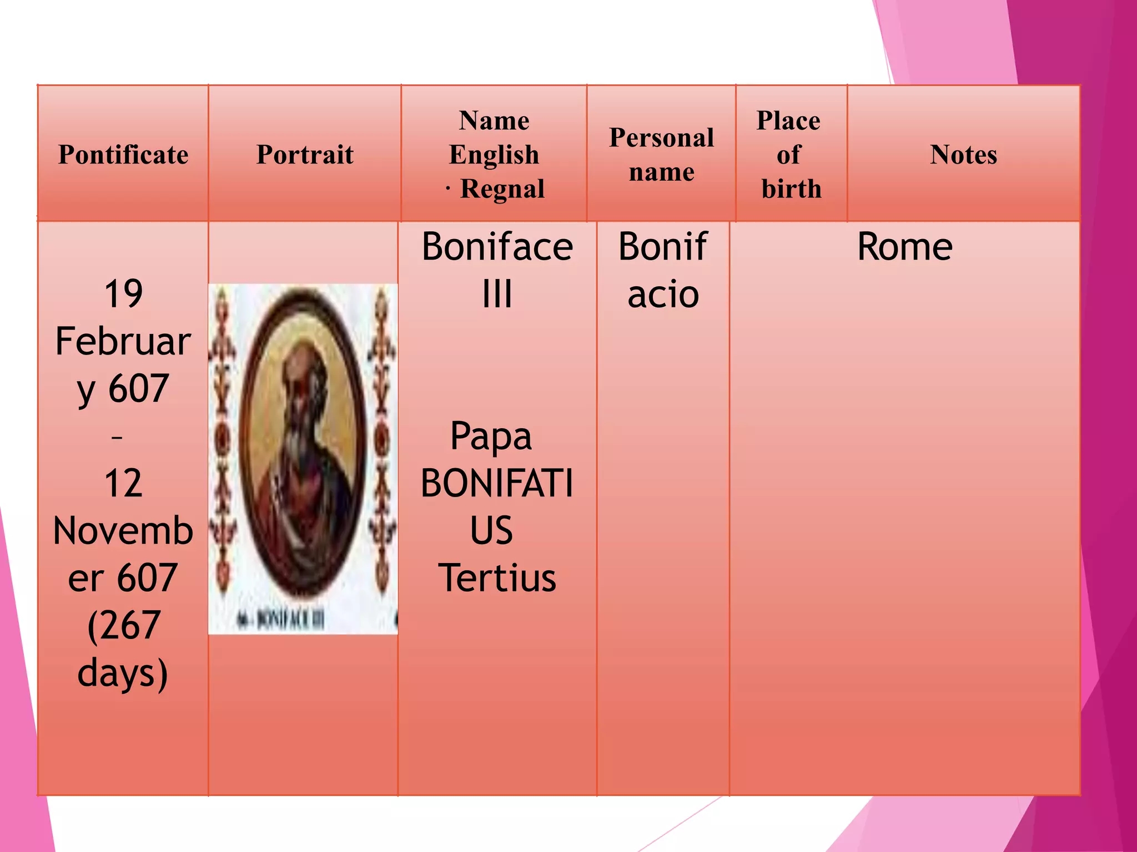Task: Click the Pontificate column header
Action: tap(123, 155)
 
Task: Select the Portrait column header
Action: tap(305, 155)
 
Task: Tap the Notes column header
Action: tap(963, 155)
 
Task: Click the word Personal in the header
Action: tap(661, 138)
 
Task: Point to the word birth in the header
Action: tap(791, 189)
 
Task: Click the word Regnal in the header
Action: tap(502, 189)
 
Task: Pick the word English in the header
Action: tap(494, 155)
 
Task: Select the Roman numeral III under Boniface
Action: tap(497, 294)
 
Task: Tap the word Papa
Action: tap(491, 437)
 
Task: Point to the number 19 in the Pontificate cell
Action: tap(123, 294)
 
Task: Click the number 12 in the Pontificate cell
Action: tap(123, 483)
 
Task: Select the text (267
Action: tap(123, 626)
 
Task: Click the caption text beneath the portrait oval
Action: tap(283, 620)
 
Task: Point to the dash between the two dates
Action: tap(117, 438)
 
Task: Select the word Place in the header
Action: tap(788, 121)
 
